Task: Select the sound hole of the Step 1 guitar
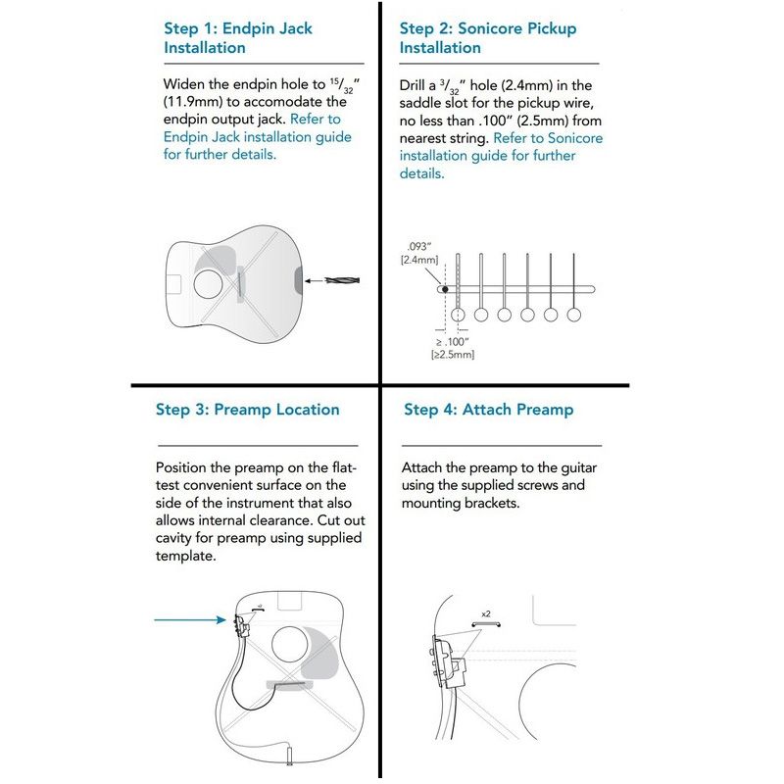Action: (207, 283)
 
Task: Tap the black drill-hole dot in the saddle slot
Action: (444, 289)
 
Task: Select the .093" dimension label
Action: (418, 253)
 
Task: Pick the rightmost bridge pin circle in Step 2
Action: (574, 315)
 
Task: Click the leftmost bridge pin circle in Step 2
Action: (458, 315)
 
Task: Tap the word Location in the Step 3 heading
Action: (296, 409)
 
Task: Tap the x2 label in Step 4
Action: (485, 614)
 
